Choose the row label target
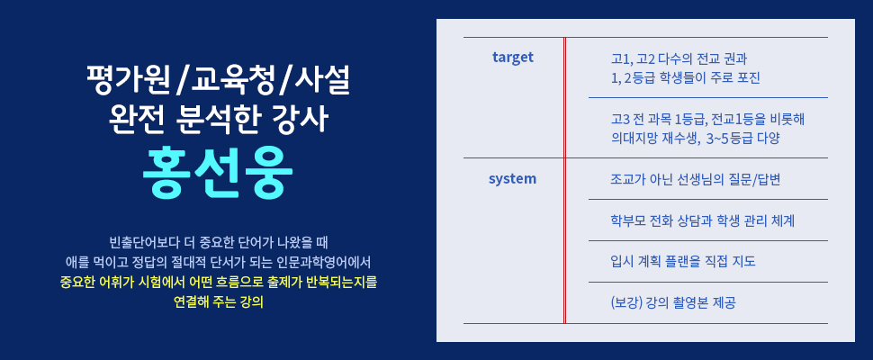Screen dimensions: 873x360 pyautogui.click(x=513, y=57)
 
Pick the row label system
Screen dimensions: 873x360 pyautogui.click(x=513, y=179)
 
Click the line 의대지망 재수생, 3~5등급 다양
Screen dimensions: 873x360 pyautogui.click(x=694, y=139)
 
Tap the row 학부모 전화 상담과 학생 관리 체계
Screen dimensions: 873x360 pyautogui.click(x=702, y=220)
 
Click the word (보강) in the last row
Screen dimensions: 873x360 pyautogui.click(x=626, y=303)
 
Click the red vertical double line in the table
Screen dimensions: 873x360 pyautogui.click(x=564, y=180)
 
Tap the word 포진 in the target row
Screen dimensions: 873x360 pyautogui.click(x=748, y=78)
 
